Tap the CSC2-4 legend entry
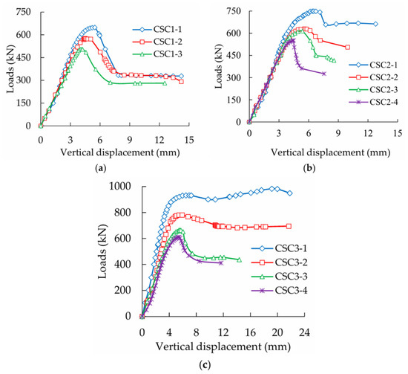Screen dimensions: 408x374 click(x=373, y=102)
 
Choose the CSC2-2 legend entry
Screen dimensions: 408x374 click(x=373, y=77)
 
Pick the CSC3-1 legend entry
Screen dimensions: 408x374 click(x=279, y=248)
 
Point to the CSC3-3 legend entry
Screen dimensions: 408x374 click(x=279, y=277)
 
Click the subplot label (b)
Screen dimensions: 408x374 click(x=309, y=169)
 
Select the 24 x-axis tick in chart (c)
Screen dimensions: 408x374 click(x=304, y=333)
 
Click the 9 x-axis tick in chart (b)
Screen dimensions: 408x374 click(x=338, y=133)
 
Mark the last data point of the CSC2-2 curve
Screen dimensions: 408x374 click(x=348, y=47)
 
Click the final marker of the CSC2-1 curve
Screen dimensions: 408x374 click(x=376, y=24)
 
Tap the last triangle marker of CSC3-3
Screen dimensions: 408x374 click(x=240, y=259)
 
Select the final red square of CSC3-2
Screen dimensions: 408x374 click(x=289, y=226)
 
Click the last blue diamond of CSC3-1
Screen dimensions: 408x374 click(x=290, y=193)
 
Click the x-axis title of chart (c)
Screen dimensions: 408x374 click(x=223, y=347)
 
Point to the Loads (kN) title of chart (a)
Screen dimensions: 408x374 click(x=10, y=69)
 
